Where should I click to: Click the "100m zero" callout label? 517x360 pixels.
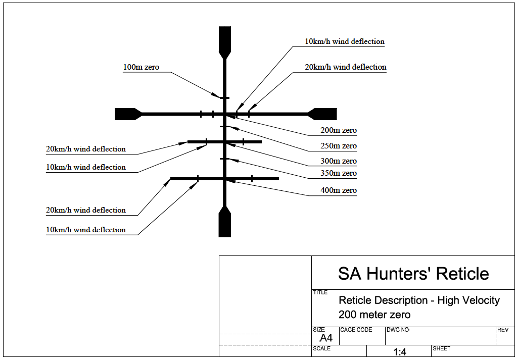[141, 67]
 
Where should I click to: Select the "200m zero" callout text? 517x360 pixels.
[338, 130]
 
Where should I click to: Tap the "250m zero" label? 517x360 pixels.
[338, 146]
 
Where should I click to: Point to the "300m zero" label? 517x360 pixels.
[338, 161]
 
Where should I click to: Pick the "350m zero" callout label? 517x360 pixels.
[338, 173]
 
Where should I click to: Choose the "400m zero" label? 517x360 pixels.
[338, 190]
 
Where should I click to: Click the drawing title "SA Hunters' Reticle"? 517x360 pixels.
[413, 274]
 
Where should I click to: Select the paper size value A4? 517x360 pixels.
[326, 338]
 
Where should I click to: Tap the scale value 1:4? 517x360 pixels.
[400, 352]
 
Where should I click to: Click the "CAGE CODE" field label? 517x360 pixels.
[356, 330]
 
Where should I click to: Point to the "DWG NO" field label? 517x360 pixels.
[398, 330]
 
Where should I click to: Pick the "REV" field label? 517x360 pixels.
[503, 330]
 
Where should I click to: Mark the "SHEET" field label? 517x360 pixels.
[441, 348]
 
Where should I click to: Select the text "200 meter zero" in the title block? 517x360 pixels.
[374, 315]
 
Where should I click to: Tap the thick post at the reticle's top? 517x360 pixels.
[224, 40]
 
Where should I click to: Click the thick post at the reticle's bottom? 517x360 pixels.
[224, 223]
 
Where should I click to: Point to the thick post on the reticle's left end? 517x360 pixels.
[127, 114]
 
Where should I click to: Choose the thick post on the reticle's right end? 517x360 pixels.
[323, 114]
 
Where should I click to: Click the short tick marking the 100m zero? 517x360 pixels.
[224, 97]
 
